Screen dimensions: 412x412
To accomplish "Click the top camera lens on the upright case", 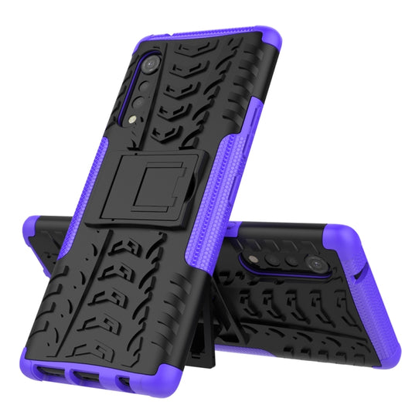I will (152, 63).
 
